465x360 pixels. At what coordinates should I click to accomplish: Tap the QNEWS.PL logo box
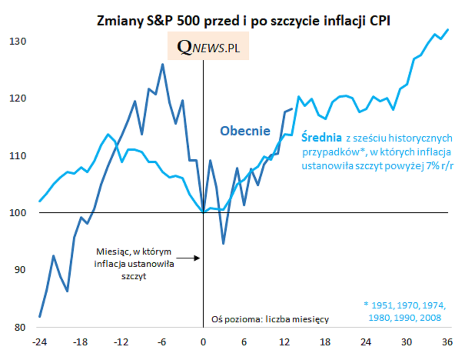tap(208, 46)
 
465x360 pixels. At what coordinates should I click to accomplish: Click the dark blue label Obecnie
tap(245, 131)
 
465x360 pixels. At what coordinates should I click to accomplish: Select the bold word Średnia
tap(321, 137)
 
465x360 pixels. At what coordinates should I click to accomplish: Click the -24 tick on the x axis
tap(40, 342)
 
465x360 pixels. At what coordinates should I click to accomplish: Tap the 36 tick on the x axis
tap(447, 342)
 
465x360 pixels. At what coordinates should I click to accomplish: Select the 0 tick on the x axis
tap(203, 342)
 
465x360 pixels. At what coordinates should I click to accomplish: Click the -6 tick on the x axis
tap(162, 342)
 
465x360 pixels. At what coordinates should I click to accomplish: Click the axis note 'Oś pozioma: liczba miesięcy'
tap(271, 319)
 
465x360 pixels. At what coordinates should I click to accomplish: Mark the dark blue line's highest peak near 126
tap(163, 64)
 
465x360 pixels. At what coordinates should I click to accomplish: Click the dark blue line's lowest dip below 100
tap(223, 243)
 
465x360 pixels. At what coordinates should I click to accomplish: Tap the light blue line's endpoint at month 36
tap(448, 30)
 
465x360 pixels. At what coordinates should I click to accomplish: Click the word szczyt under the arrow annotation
tap(135, 276)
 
